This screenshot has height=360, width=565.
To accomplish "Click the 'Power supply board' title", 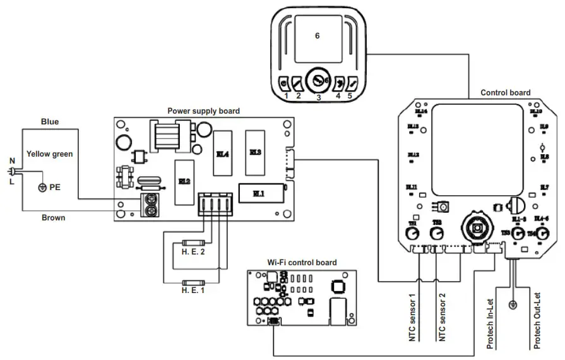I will [203, 111].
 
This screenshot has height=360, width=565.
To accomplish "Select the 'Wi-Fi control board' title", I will [302, 262].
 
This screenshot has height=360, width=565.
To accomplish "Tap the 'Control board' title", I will [505, 92].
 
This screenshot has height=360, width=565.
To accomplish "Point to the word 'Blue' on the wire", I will [50, 121].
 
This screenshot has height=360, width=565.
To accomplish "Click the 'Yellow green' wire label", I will [49, 153].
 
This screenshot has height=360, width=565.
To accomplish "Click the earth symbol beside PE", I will [42, 188].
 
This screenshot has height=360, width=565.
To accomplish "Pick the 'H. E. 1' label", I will [193, 291].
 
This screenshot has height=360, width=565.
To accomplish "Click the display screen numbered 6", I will [317, 36].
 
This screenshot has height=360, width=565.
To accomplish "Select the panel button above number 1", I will [285, 82].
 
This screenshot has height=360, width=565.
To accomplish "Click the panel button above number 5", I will [353, 82].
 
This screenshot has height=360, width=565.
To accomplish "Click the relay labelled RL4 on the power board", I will [223, 153].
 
